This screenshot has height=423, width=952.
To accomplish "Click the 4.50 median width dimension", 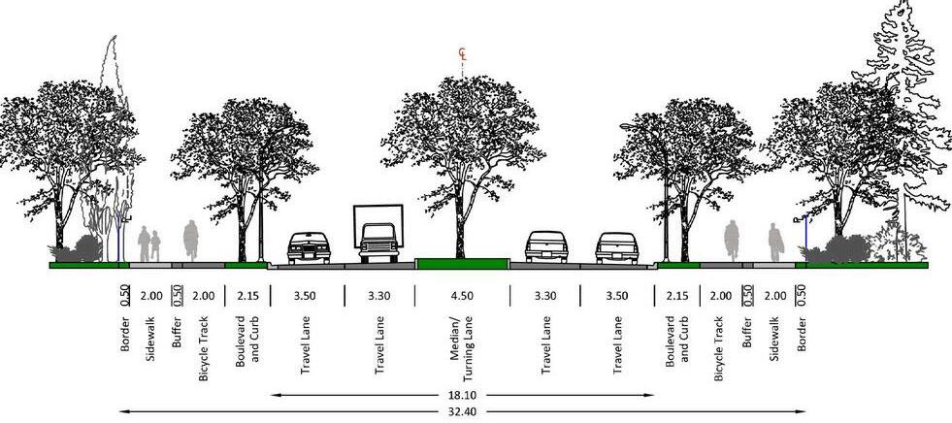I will coord(461,296).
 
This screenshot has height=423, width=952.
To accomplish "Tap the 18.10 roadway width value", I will coord(462,396).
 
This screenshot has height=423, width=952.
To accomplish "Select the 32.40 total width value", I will coord(462,412).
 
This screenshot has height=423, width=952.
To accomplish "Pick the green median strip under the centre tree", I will coord(462,263).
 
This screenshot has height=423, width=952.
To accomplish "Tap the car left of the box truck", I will coord(310,247).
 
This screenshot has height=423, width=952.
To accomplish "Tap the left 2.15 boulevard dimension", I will coord(246,296).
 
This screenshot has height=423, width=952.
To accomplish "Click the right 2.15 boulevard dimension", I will coord(677,296).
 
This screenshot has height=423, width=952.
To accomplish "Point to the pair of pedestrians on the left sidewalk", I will coord(149,243).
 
